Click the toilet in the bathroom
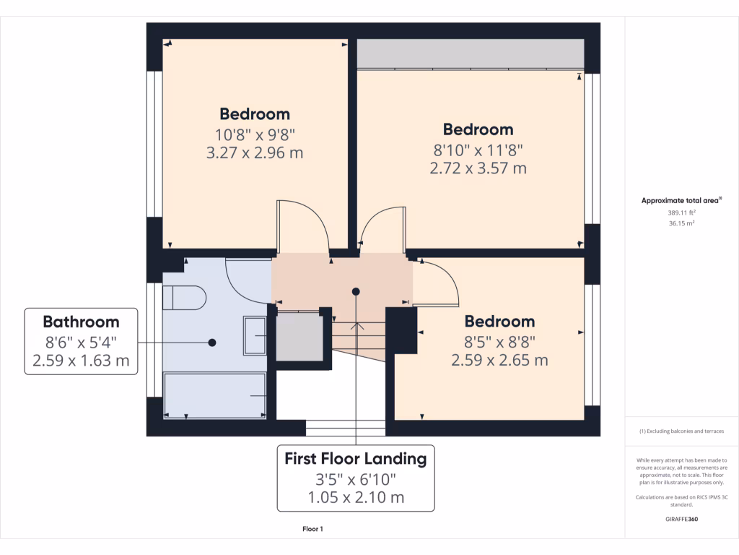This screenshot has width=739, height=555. pyautogui.click(x=185, y=297)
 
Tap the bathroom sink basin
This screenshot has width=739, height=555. pyautogui.click(x=255, y=335)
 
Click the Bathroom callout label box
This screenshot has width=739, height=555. pyautogui.click(x=81, y=341)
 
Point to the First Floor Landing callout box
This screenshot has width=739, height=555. pyautogui.click(x=355, y=478)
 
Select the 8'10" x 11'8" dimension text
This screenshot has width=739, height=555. pyautogui.click(x=478, y=150)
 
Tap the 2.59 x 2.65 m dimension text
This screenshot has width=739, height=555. pyautogui.click(x=499, y=359)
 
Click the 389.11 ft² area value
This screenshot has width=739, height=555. pyautogui.click(x=681, y=213)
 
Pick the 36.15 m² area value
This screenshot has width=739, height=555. pyautogui.click(x=681, y=223)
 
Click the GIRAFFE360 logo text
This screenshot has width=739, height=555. pyautogui.click(x=681, y=519)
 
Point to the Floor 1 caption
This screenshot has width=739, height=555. pyautogui.click(x=312, y=529)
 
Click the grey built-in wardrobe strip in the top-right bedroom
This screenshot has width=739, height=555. pyautogui.click(x=470, y=53)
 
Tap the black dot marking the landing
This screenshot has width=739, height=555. pyautogui.click(x=356, y=291)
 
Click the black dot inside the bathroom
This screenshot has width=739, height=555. pyautogui.click(x=212, y=343)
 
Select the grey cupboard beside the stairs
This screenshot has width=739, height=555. pyautogui.click(x=299, y=336)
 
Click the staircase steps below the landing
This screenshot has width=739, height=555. pyautogui.click(x=358, y=336)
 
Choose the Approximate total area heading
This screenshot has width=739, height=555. pyautogui.click(x=681, y=200)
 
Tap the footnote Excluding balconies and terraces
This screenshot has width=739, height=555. pyautogui.click(x=681, y=431)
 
